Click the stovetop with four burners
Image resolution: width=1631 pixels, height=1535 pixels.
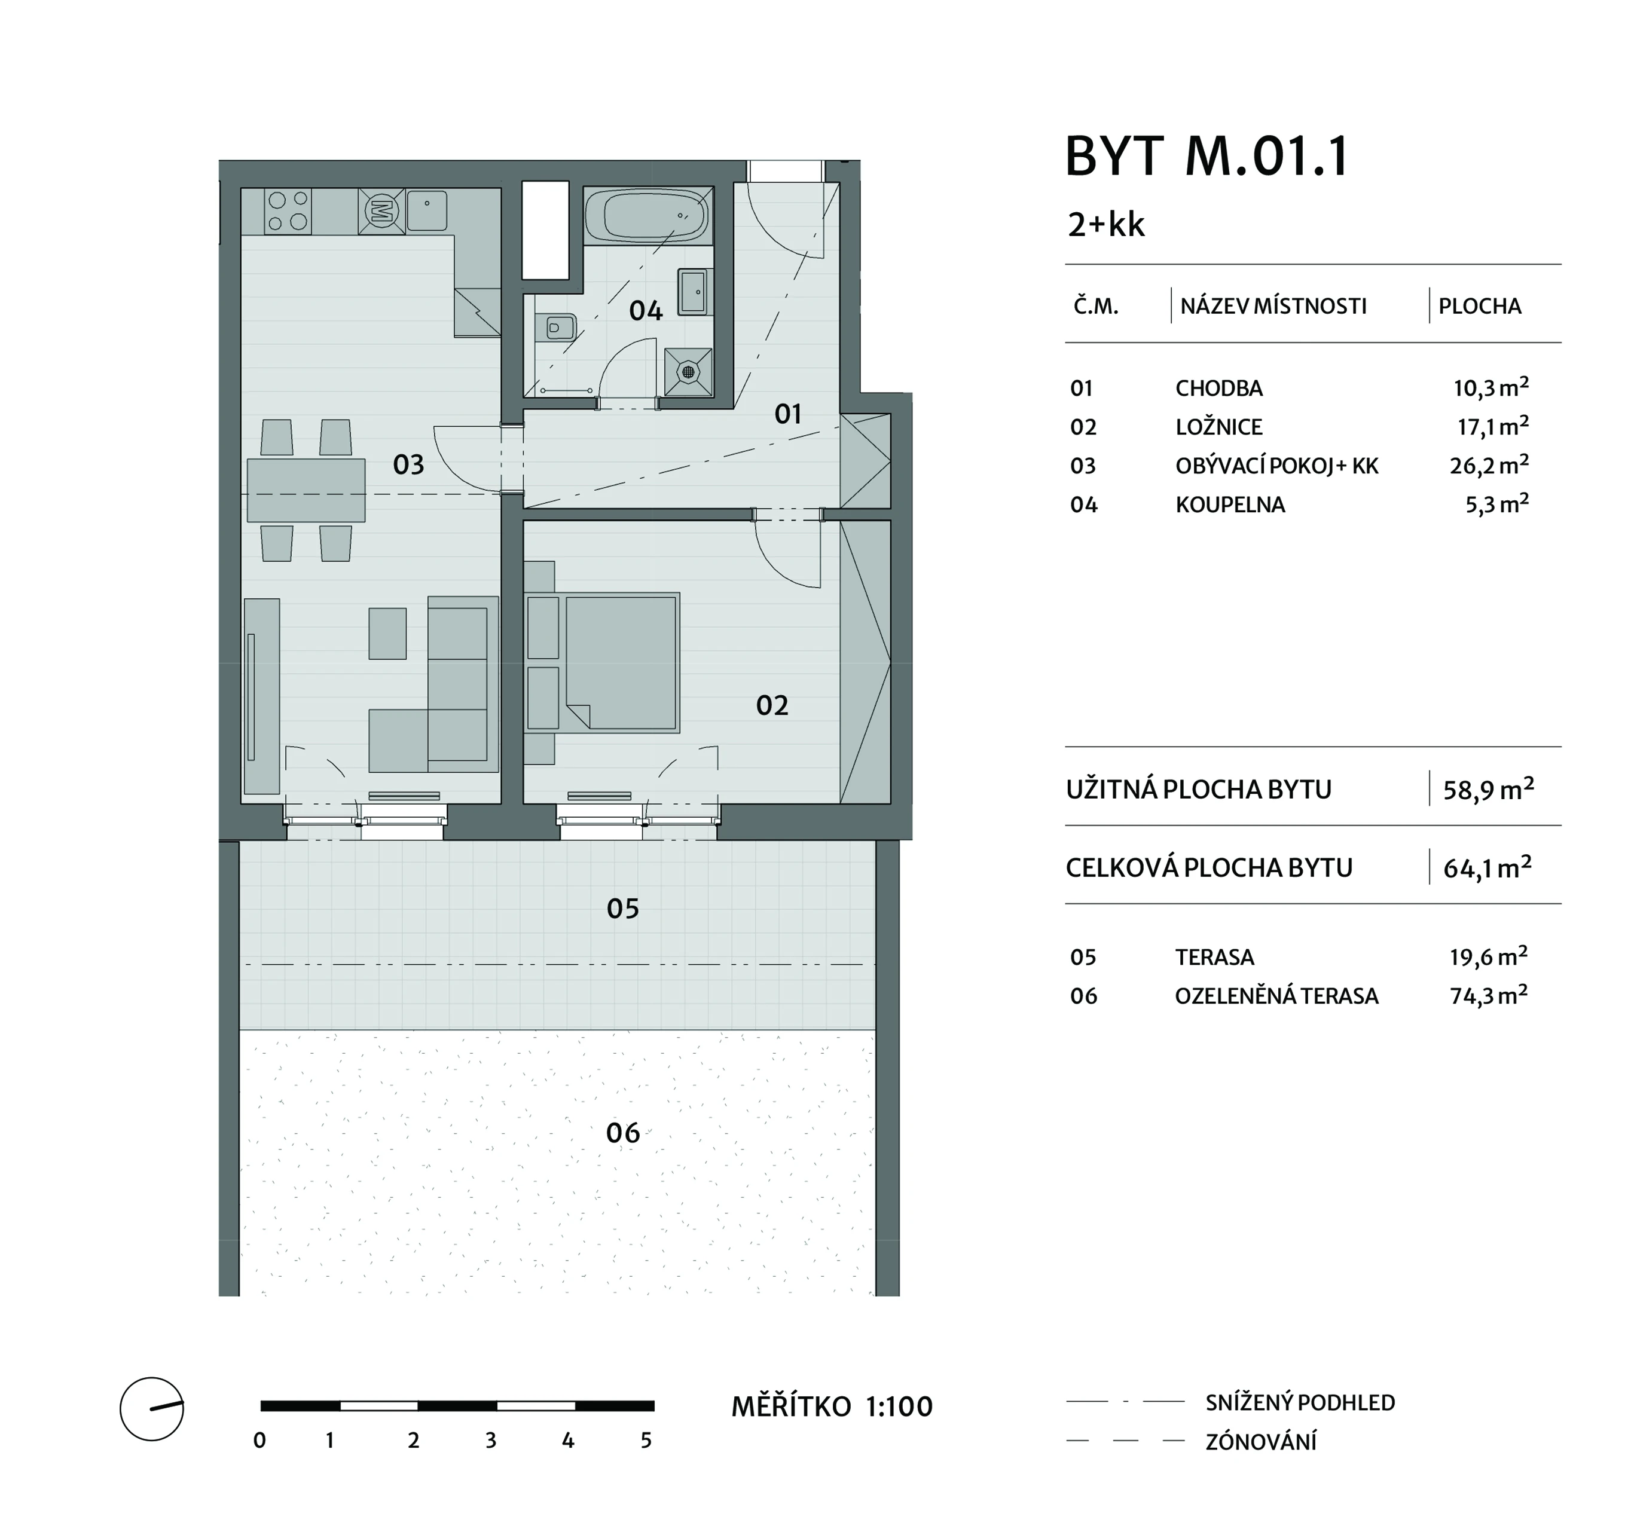[x=288, y=210]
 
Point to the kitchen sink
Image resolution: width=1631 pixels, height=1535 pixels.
[x=427, y=210]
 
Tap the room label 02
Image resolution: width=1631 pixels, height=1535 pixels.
[x=772, y=705]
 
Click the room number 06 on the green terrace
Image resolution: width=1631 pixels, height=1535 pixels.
[x=623, y=1133]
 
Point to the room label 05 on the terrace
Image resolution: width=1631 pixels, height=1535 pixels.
[x=623, y=909]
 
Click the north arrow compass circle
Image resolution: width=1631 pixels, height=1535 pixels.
[x=152, y=1409]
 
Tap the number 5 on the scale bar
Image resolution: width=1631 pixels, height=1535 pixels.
[x=646, y=1441]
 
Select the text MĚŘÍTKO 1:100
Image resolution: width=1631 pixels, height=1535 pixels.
[x=832, y=1407]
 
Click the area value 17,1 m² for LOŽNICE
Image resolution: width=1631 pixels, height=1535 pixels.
[x=1490, y=425]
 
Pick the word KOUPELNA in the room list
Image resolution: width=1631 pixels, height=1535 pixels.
[x=1230, y=504]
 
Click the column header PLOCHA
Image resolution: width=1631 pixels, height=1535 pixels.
[x=1480, y=306]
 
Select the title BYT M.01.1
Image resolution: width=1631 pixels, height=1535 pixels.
[x=1206, y=156]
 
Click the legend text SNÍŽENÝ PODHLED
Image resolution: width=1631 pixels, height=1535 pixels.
[x=1300, y=1403]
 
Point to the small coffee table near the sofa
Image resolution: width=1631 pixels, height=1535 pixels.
[x=387, y=634]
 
